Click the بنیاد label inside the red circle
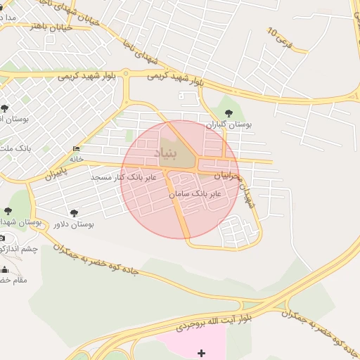coord(185,152)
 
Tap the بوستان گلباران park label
coord(229,124)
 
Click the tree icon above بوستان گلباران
coord(228,111)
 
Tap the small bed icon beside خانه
coord(76,148)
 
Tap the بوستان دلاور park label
coord(74,224)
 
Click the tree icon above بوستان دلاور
coord(74,212)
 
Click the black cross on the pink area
coord(202,352)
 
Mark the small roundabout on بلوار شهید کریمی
coord(125,72)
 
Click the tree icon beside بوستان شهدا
coord(8,211)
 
